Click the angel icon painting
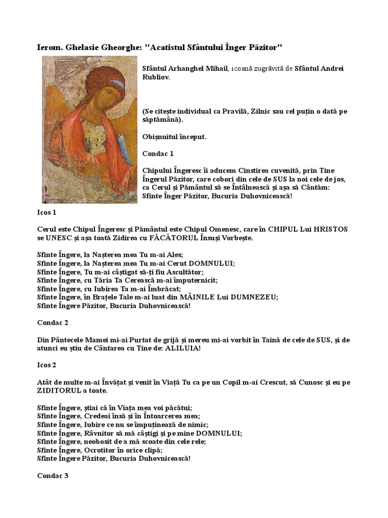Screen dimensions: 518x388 [89, 129]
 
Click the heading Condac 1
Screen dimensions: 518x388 [158, 153]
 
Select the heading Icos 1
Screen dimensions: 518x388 [46, 212]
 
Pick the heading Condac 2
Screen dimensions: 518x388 [53, 322]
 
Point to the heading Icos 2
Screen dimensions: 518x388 [46, 365]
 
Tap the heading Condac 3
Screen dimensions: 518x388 [53, 476]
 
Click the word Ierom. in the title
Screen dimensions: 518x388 [51, 47]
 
